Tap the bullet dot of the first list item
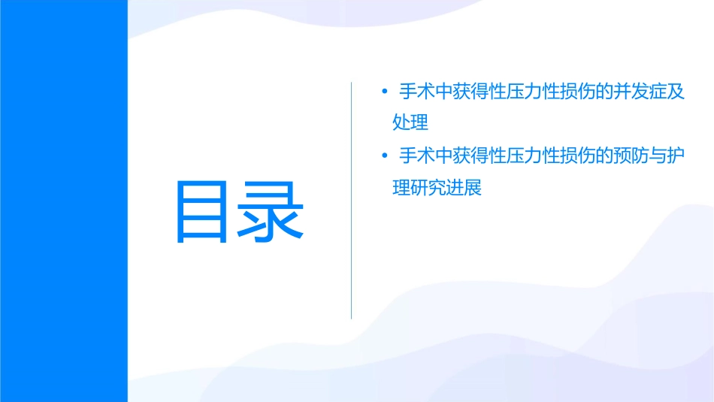(384, 92)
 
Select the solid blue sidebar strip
(64, 201)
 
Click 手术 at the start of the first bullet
(416, 92)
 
